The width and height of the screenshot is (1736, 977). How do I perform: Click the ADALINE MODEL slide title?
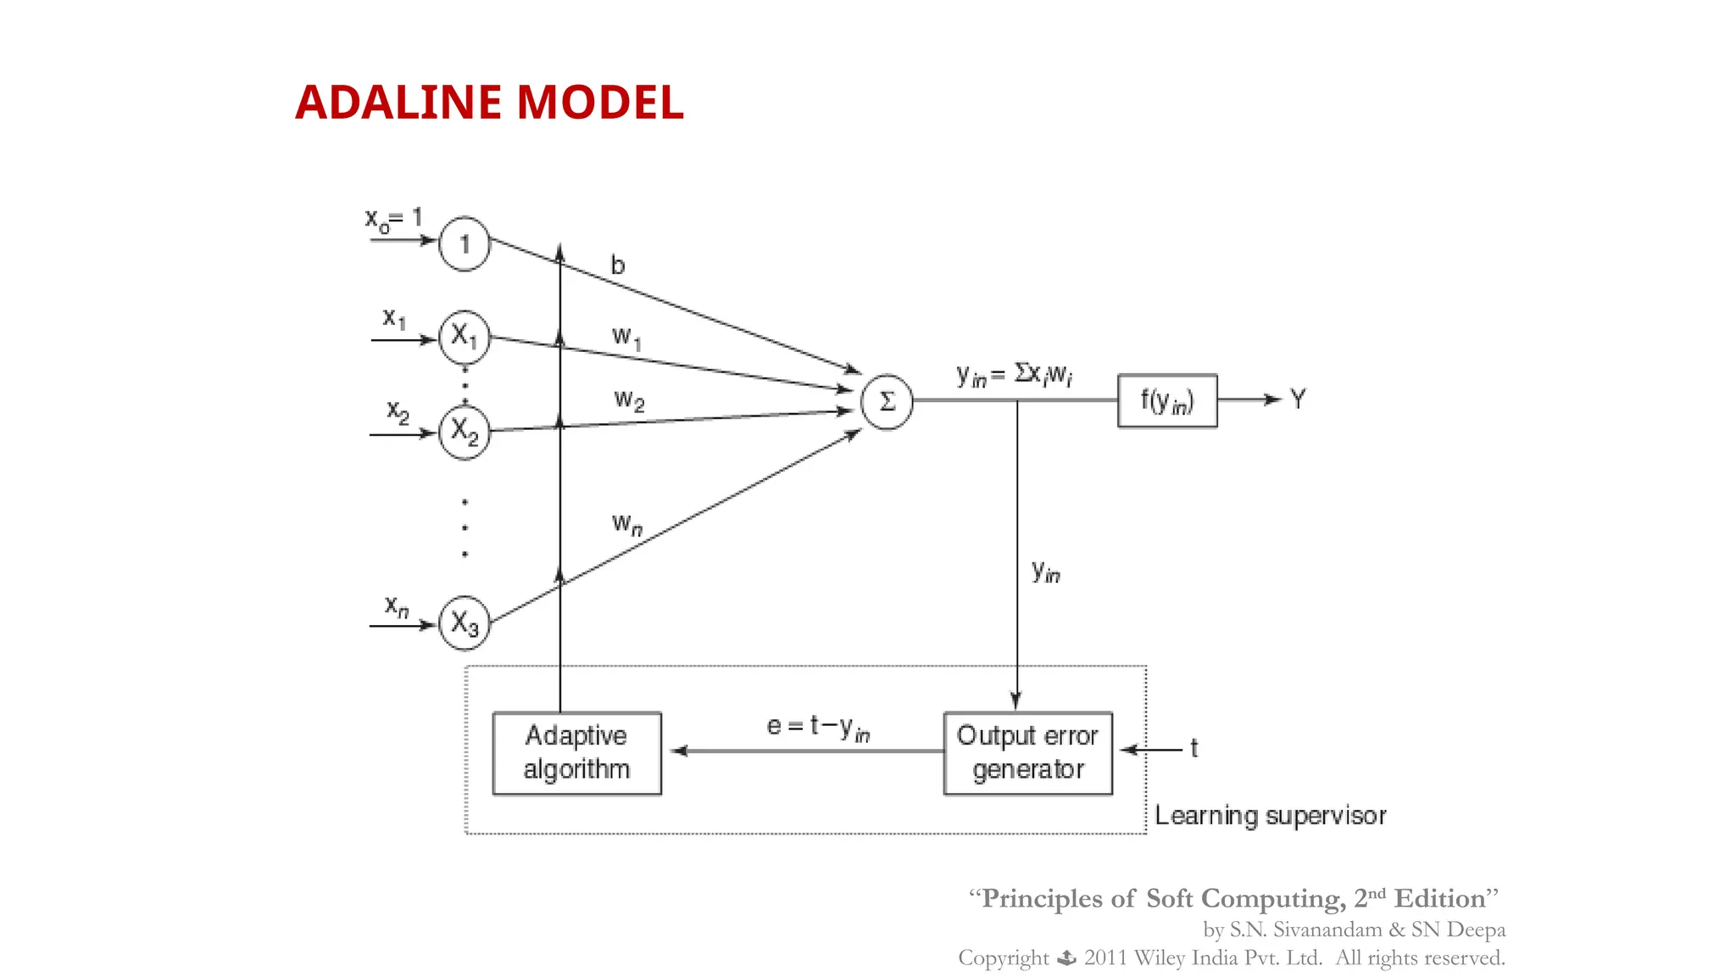click(x=489, y=103)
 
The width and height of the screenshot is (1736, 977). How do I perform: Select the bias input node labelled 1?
click(x=464, y=244)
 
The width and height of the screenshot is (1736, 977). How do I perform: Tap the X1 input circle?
click(x=464, y=337)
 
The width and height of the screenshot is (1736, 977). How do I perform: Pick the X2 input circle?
click(x=464, y=432)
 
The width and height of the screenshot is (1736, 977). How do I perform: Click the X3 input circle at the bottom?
click(x=464, y=623)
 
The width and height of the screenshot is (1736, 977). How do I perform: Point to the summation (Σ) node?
click(x=887, y=402)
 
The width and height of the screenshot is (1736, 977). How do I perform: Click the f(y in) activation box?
click(x=1167, y=400)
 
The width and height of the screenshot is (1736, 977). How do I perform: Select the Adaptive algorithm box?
click(x=576, y=752)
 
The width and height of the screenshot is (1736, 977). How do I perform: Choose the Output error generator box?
click(x=1027, y=752)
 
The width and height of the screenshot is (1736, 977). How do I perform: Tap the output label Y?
click(x=1298, y=399)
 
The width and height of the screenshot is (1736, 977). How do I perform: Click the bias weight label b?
click(x=618, y=266)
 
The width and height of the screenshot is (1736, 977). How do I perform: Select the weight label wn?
click(x=627, y=523)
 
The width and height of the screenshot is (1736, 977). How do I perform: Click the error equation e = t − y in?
click(x=818, y=728)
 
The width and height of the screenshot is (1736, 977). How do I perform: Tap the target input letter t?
click(x=1194, y=748)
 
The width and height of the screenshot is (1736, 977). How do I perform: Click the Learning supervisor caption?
click(x=1270, y=816)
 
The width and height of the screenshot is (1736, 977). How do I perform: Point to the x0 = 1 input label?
click(x=393, y=220)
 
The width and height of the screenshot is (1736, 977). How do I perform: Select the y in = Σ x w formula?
click(x=1014, y=375)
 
